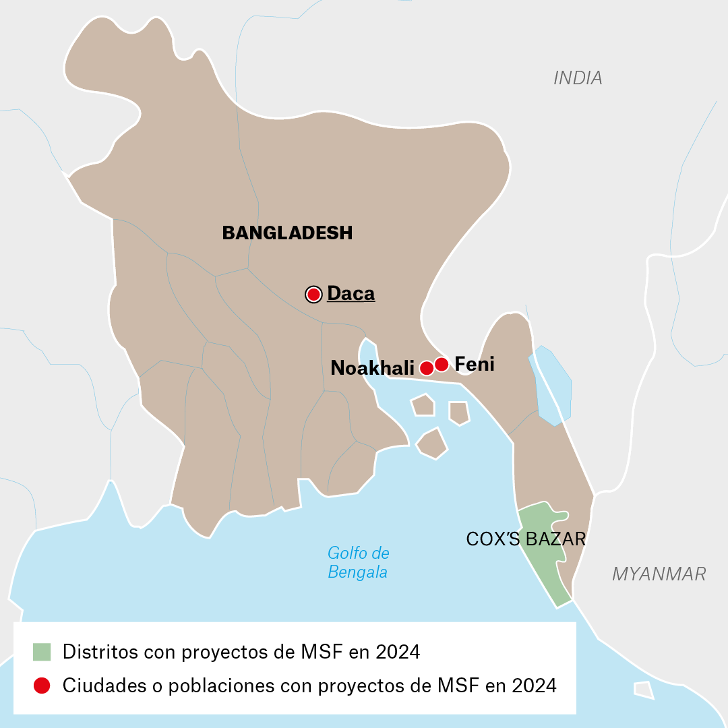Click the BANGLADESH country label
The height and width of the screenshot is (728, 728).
[x=287, y=233]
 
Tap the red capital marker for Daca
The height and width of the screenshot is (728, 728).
[x=313, y=294]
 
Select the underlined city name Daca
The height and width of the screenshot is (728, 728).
[x=351, y=294]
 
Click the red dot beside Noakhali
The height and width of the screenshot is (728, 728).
[x=426, y=367]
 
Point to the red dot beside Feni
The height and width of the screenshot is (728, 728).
[x=442, y=364]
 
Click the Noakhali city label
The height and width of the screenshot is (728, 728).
[x=372, y=367]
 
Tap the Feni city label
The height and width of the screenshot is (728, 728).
[x=475, y=365]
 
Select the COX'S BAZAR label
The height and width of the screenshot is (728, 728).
[x=526, y=539]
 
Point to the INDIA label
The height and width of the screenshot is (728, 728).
[x=578, y=78]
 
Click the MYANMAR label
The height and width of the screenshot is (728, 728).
[x=659, y=574]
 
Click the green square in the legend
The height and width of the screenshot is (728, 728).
[x=42, y=652]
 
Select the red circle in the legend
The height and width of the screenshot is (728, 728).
[x=42, y=686]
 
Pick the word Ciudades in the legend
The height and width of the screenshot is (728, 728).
[x=98, y=686]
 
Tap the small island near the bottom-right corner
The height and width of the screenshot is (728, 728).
[x=644, y=690]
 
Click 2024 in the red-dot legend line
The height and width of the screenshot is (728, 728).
[x=535, y=686]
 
